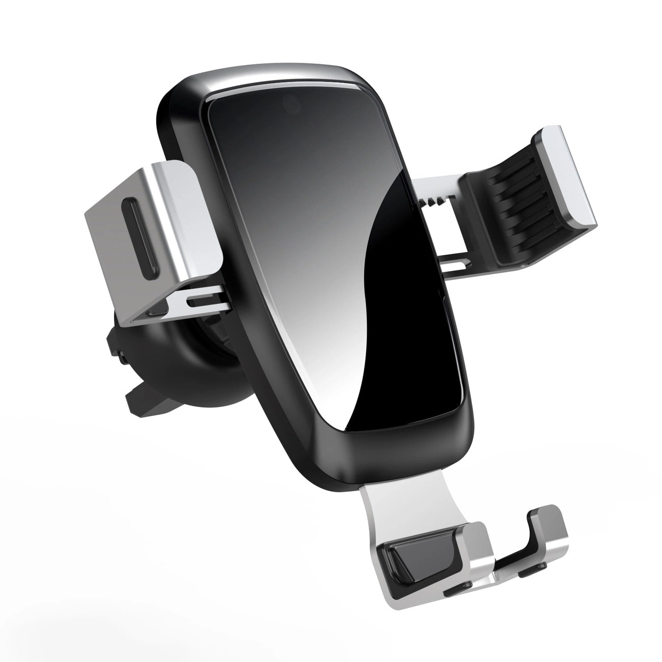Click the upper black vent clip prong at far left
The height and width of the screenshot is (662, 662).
pos(115,341)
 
